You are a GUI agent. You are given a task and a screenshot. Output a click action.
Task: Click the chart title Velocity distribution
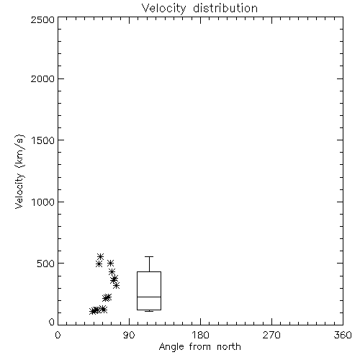tap(199, 9)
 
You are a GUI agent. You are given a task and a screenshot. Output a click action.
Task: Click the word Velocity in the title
tap(163, 9)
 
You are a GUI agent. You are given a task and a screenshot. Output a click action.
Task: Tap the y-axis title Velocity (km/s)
tap(19, 171)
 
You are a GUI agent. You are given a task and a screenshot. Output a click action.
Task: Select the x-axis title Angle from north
tap(199, 346)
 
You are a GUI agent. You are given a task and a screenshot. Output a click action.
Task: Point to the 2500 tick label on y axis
tap(42, 19)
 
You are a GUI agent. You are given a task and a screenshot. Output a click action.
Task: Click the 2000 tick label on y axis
tap(42, 78)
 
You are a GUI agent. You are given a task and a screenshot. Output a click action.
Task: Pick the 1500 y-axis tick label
tap(43, 140)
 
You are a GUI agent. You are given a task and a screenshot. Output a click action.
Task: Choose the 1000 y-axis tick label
tap(43, 202)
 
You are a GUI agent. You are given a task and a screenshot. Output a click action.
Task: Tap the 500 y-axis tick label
tap(46, 264)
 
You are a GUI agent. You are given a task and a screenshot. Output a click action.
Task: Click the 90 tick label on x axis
tap(129, 335)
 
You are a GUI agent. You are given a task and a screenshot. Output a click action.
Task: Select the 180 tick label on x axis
tap(200, 335)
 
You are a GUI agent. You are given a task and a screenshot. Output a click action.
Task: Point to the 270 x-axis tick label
tap(271, 335)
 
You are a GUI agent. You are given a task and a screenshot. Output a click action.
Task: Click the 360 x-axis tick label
tap(343, 335)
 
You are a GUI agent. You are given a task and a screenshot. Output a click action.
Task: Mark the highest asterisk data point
tap(101, 256)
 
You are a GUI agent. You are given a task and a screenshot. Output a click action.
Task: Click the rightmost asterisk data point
tap(117, 285)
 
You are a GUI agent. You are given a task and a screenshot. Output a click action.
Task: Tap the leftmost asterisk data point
tap(92, 311)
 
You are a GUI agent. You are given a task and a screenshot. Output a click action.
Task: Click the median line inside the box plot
tap(149, 297)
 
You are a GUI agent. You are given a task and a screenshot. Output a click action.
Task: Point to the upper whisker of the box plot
tap(149, 264)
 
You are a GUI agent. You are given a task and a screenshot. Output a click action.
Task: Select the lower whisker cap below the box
tap(149, 311)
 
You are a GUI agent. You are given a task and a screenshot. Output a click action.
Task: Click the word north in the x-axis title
tap(229, 346)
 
